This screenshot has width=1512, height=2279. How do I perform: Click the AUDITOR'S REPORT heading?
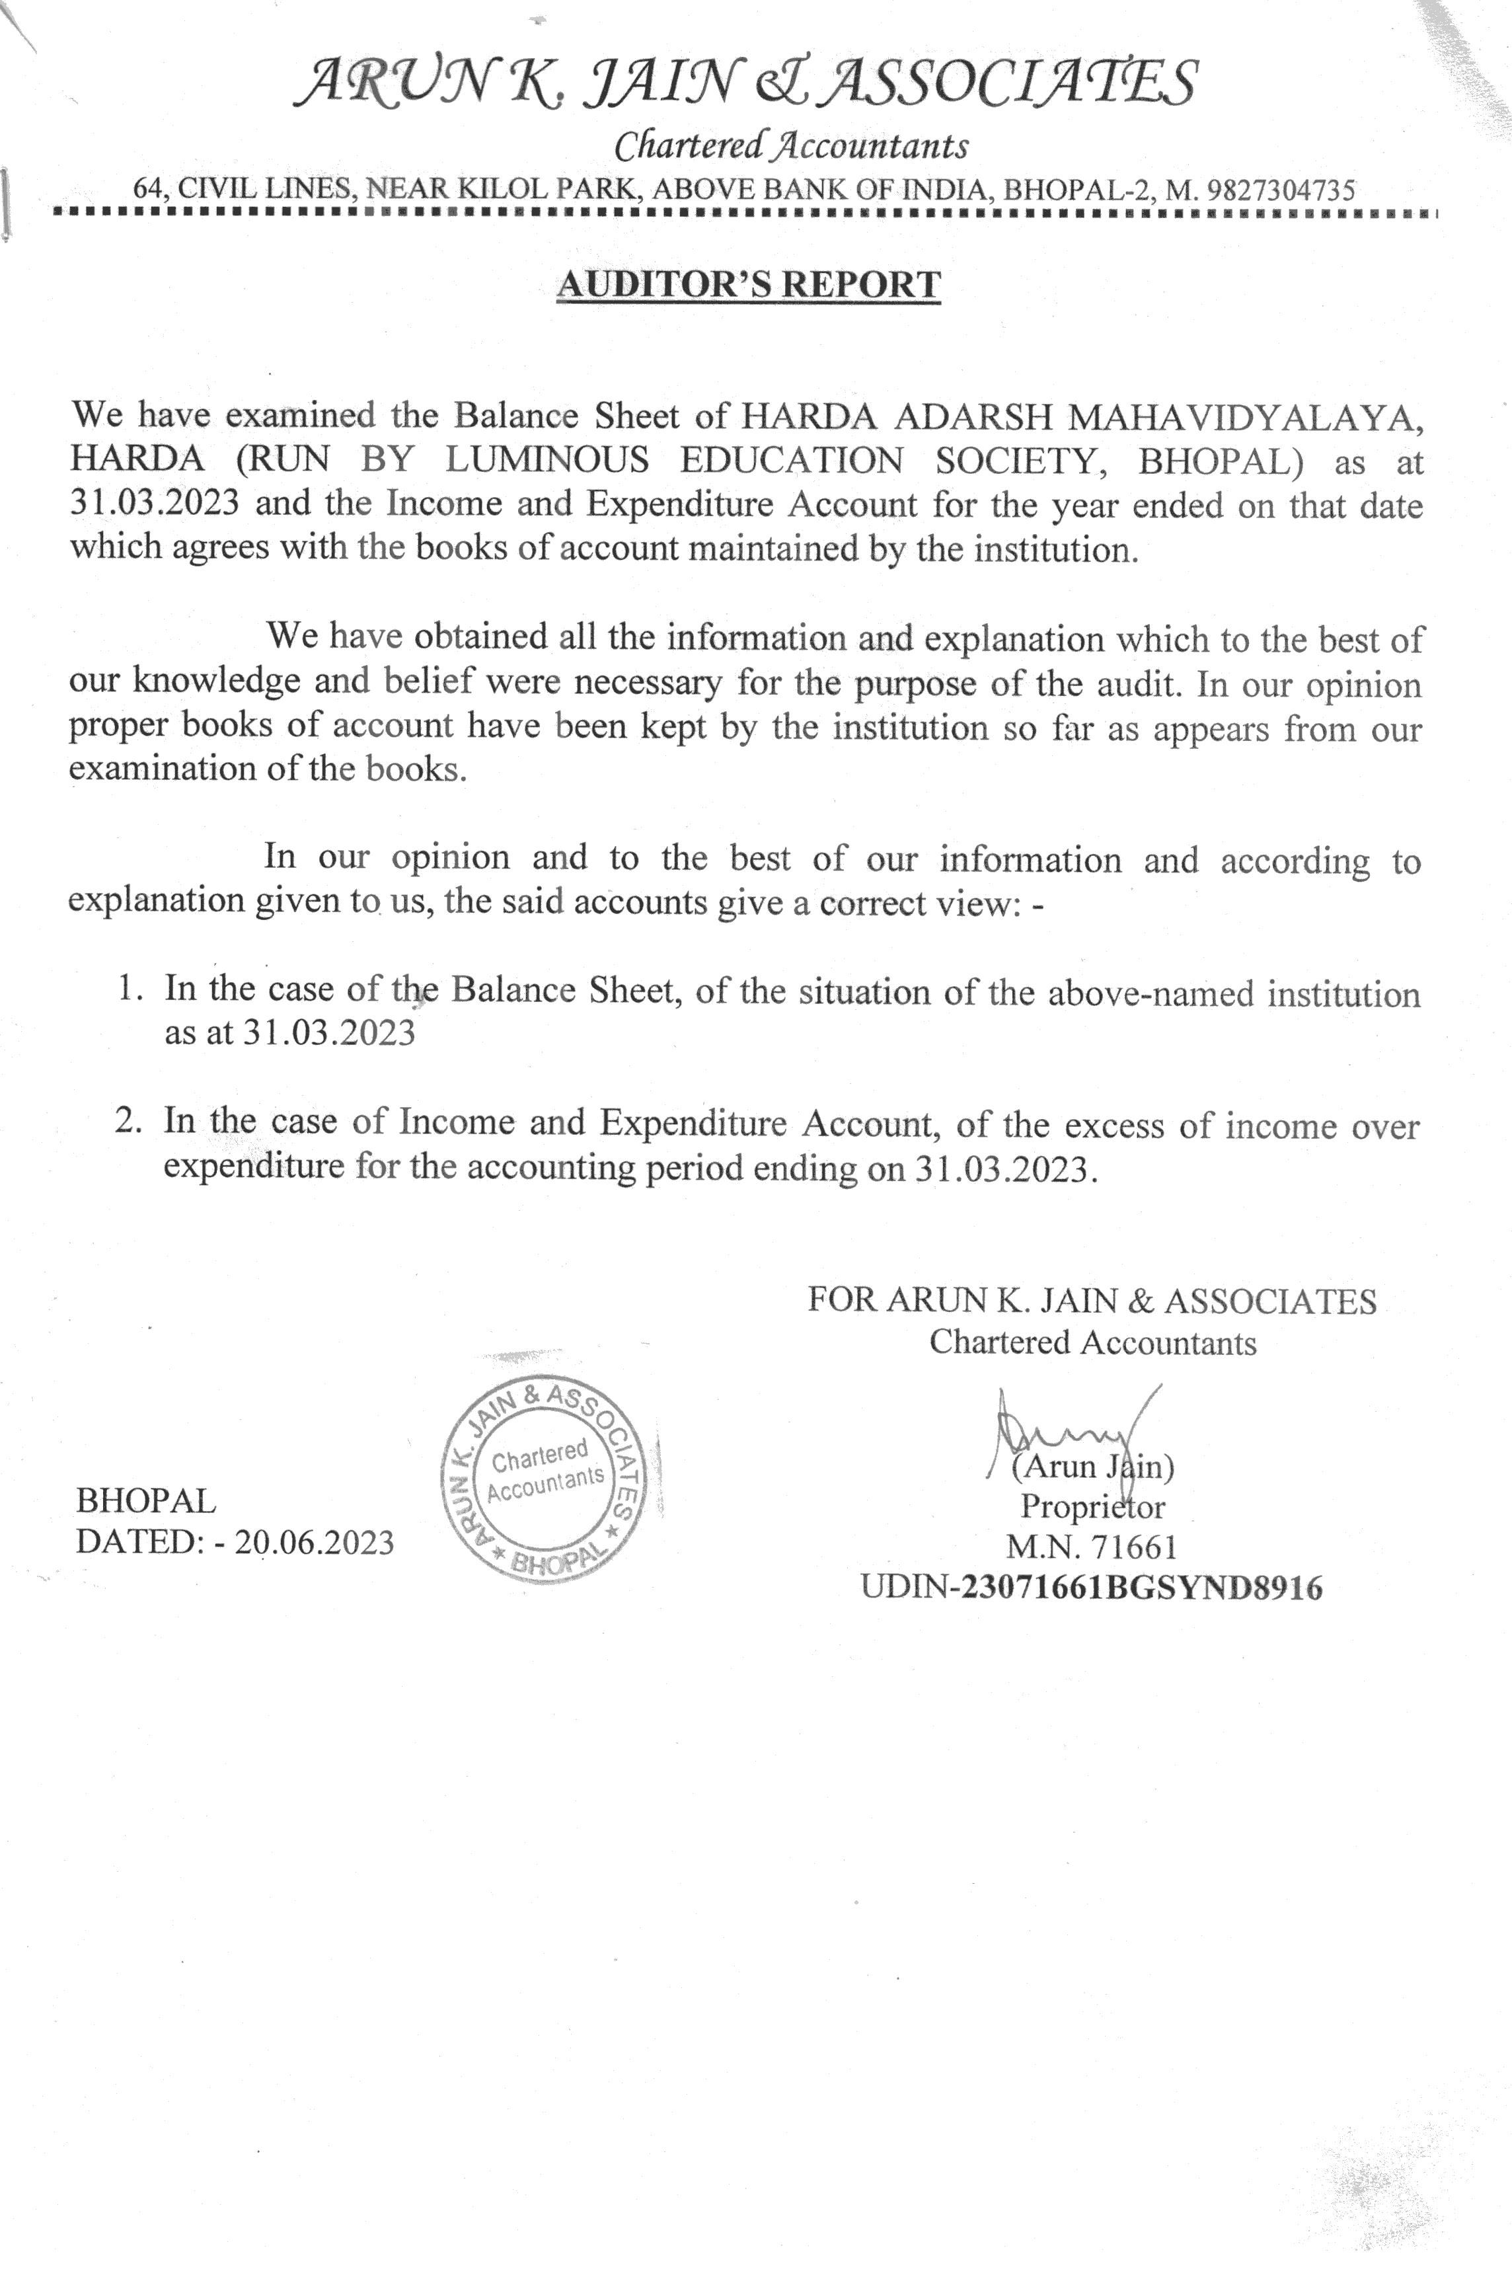pos(748,284)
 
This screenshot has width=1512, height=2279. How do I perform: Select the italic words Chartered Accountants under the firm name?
pos(791,145)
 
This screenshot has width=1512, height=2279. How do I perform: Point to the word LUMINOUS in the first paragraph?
pos(547,460)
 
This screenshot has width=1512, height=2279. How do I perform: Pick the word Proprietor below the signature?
pos(1092,1506)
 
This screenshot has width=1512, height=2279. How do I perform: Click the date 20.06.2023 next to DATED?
pos(315,1542)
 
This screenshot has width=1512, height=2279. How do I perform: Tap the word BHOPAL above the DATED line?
pos(145,1500)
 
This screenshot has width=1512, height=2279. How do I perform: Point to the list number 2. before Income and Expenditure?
pos(130,1122)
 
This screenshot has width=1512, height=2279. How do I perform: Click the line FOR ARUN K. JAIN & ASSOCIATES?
pos(1092,1301)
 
